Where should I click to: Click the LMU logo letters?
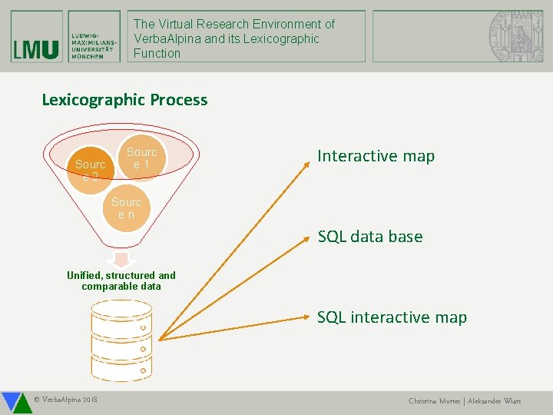tap(36, 48)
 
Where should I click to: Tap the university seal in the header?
tap(514, 35)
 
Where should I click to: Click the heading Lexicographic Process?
tap(124, 100)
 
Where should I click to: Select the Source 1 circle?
tap(141, 158)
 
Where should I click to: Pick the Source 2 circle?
tap(91, 167)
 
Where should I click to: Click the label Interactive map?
tap(376, 156)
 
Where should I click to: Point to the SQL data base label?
tap(370, 237)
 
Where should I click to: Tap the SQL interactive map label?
tap(392, 317)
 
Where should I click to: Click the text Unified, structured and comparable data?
tap(121, 281)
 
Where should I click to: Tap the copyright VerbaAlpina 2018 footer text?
tap(66, 400)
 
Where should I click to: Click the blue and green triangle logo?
tap(13, 402)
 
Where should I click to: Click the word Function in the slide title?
tap(157, 53)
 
